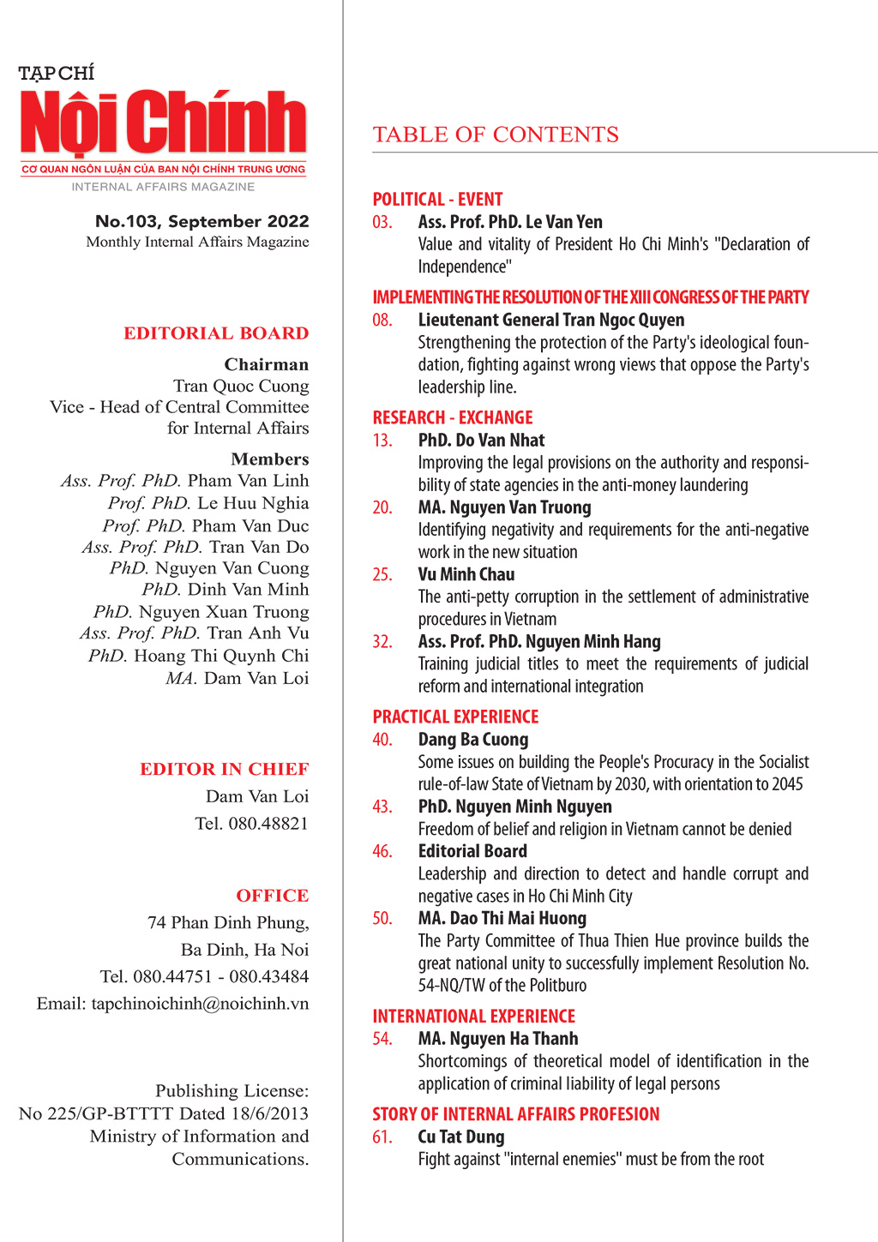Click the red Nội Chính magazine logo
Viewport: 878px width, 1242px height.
(x=163, y=123)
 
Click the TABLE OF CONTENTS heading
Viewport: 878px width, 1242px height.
(x=496, y=135)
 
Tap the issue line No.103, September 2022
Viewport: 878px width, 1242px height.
(x=202, y=221)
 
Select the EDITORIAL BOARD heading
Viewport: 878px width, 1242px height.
(x=216, y=333)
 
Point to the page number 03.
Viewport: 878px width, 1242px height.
(x=382, y=222)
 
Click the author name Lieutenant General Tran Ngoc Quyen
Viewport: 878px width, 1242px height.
(x=551, y=320)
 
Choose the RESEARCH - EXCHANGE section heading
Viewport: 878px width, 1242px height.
(x=453, y=417)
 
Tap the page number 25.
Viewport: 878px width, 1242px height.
(x=382, y=574)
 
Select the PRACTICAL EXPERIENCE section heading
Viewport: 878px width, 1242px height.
(x=455, y=717)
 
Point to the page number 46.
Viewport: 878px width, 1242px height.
(x=382, y=851)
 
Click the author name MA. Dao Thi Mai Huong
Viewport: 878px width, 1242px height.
(x=502, y=918)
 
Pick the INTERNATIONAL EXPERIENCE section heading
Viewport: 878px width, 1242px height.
(x=473, y=1016)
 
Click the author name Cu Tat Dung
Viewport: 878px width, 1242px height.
(x=461, y=1137)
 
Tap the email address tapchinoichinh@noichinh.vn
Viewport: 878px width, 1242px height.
(x=200, y=1004)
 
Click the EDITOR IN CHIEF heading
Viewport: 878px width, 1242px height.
(x=225, y=769)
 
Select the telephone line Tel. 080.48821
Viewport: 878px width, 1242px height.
(x=251, y=824)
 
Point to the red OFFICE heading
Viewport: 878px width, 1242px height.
(x=273, y=896)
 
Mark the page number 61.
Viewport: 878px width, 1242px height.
(x=382, y=1137)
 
